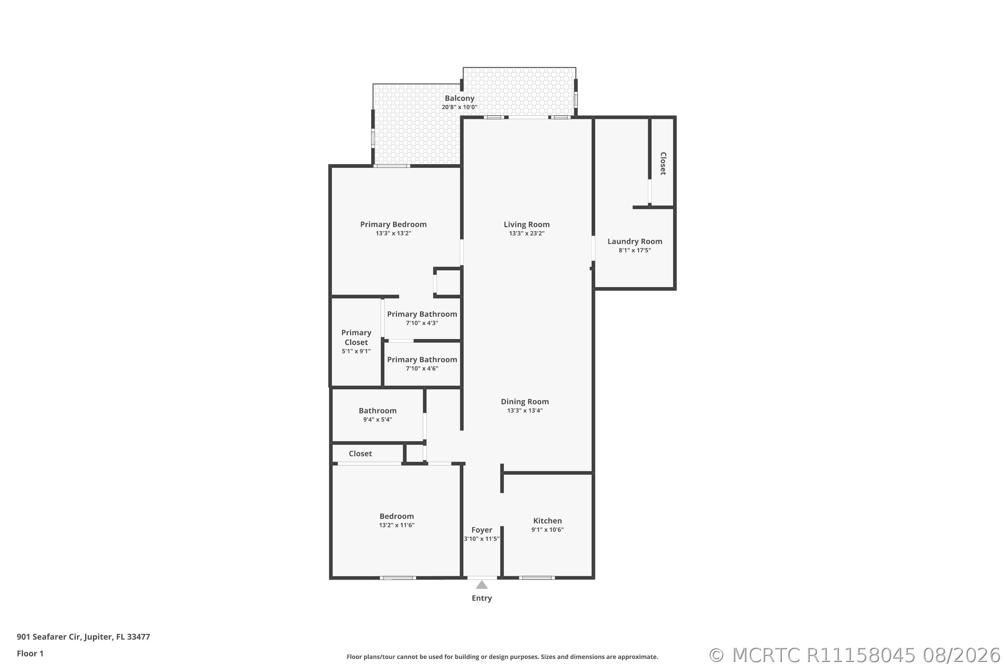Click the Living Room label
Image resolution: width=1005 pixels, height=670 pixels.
[x=526, y=224]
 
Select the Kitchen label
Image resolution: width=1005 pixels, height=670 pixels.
[x=547, y=521]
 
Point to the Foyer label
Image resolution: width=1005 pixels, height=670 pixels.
[x=482, y=530]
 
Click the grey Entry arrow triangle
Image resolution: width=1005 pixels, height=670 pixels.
[x=482, y=585]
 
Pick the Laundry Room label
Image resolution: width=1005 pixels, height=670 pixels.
[x=634, y=242]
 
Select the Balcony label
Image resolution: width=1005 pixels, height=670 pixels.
[x=459, y=98]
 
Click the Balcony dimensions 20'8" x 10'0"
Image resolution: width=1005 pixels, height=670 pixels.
[x=459, y=107]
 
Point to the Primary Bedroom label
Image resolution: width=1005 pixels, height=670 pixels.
[x=393, y=224]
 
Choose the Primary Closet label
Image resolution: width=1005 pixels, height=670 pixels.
[x=356, y=337]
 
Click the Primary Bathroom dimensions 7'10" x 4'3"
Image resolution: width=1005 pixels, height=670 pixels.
[x=422, y=323]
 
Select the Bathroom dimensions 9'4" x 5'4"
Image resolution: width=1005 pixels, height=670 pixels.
[x=377, y=420]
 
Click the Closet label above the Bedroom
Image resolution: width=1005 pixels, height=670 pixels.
[x=360, y=453]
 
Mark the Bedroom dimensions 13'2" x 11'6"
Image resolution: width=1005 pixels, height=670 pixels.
[x=397, y=525]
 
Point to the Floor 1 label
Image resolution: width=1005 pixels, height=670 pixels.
[x=30, y=653]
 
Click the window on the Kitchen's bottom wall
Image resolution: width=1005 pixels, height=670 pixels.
[x=537, y=578]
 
